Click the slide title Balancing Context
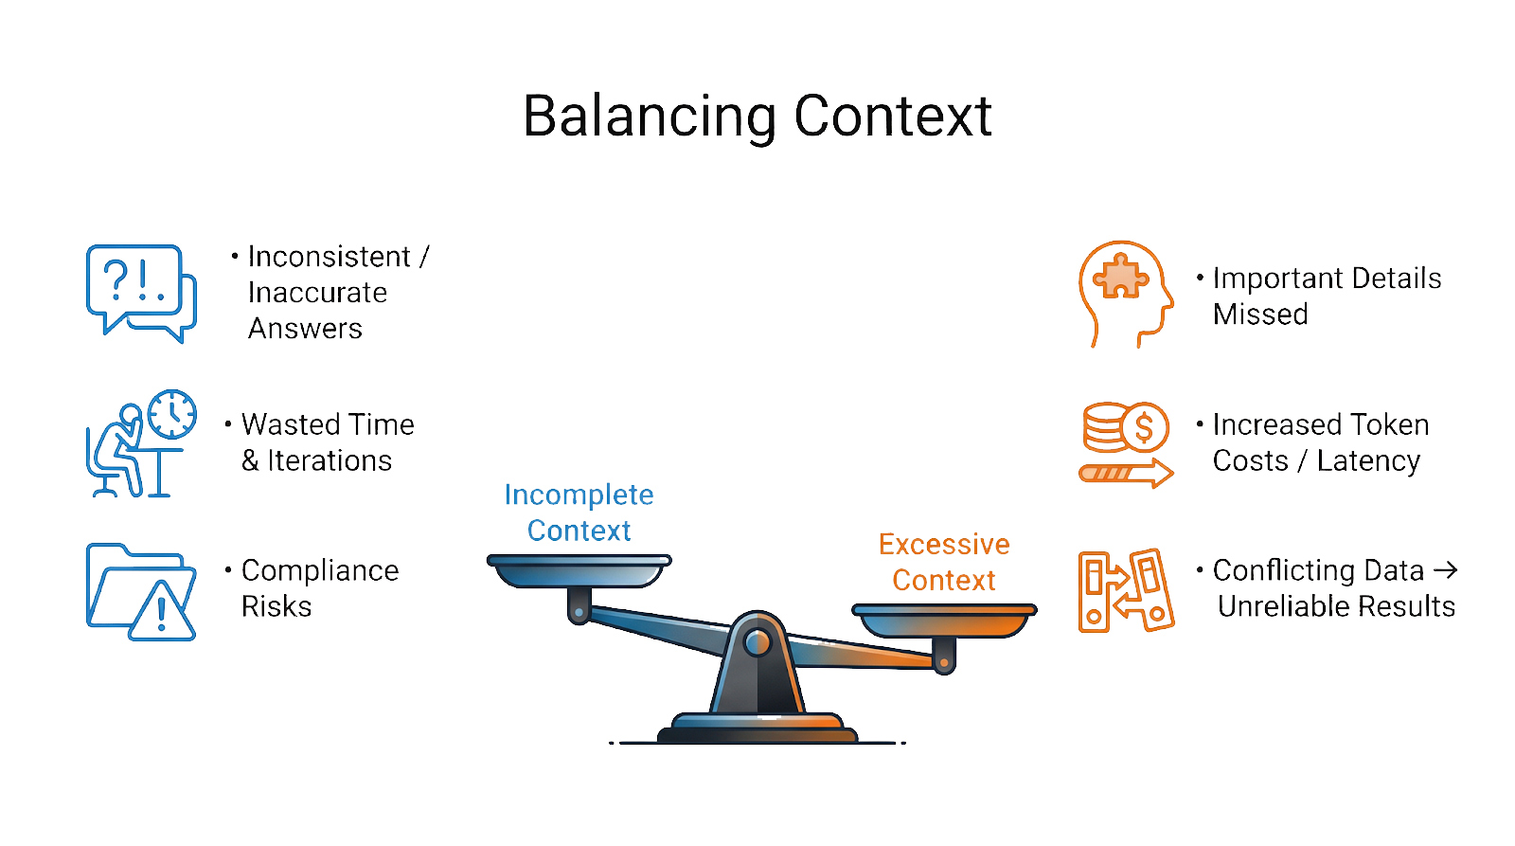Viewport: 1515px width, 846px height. click(757, 116)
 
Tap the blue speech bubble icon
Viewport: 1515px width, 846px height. click(140, 292)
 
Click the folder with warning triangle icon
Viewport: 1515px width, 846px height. click(140, 591)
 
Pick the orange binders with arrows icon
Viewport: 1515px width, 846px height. click(1125, 591)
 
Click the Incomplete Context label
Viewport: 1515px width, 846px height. click(579, 513)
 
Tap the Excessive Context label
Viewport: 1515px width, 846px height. click(944, 562)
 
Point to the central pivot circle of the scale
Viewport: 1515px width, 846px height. click(757, 643)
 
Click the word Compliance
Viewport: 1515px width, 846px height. click(320, 570)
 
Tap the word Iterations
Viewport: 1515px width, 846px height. click(330, 460)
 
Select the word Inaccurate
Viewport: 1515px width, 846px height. click(317, 293)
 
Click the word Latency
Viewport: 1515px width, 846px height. click(1368, 460)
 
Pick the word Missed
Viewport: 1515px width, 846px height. click(1260, 315)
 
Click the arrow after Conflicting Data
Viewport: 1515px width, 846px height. click(1446, 569)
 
